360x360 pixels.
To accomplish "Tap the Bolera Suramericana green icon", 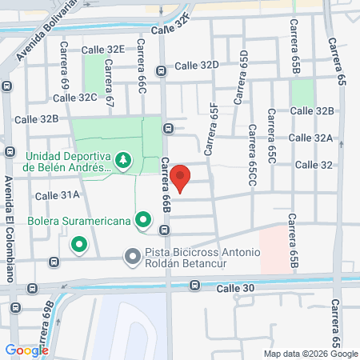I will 143,218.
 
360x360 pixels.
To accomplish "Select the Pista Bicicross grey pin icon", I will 132,257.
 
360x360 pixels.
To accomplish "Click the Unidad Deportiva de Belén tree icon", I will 123,161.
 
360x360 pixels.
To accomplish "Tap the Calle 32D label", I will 197,66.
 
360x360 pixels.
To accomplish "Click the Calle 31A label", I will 57,194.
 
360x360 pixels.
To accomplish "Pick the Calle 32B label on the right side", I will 312,110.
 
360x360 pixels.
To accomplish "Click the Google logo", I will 26,350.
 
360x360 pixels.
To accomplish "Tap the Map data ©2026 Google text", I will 311,354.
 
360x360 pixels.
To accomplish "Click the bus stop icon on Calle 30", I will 194,285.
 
